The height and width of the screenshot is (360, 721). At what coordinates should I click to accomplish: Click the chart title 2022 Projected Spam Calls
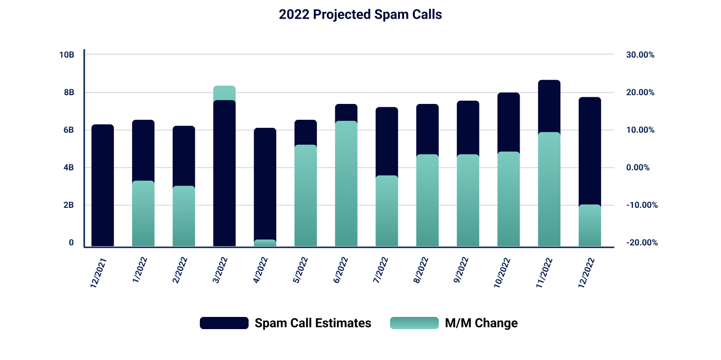[x=360, y=15]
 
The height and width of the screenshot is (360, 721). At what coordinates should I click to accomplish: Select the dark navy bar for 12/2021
[x=103, y=185]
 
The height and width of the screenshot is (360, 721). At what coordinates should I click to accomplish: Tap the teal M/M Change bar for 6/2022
[x=346, y=184]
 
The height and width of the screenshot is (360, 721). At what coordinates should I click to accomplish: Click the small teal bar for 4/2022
[x=265, y=242]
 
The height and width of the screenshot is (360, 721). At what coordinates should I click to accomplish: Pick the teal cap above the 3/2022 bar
[x=224, y=93]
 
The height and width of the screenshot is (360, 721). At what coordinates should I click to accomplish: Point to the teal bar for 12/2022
[x=589, y=225]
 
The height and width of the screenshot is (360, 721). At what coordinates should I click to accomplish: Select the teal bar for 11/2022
[x=549, y=189]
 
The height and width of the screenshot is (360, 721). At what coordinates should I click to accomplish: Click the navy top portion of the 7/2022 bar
[x=387, y=141]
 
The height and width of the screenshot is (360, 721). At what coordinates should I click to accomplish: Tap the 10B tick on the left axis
[x=66, y=55]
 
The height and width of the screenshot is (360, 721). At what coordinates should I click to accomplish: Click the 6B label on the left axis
[x=68, y=130]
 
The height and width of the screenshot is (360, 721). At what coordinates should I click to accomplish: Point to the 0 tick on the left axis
[x=71, y=242]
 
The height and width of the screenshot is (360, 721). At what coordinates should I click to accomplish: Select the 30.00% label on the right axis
[x=640, y=55]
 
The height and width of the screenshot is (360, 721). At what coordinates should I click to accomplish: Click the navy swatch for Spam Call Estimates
[x=224, y=323]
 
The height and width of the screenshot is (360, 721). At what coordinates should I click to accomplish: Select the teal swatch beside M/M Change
[x=414, y=323]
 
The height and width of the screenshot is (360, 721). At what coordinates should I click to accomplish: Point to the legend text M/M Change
[x=481, y=323]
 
